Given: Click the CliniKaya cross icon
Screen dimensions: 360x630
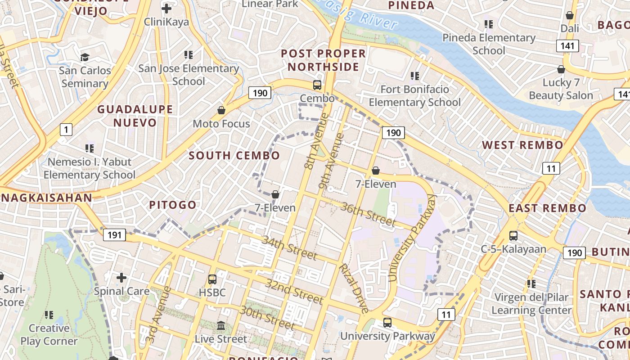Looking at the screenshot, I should coord(166,9).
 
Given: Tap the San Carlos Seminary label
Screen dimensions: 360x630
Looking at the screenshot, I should coord(85,77).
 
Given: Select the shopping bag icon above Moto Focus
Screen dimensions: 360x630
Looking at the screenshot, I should coord(221,110).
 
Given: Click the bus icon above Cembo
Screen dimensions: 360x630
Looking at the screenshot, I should coord(317,85).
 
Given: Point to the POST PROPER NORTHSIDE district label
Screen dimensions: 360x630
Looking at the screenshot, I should coord(323,60).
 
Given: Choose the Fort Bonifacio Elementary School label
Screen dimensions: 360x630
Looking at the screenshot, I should coord(414,96).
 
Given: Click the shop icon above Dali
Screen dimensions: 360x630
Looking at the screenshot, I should coord(570,15).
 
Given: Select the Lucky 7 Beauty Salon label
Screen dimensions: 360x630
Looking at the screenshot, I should coord(561,89).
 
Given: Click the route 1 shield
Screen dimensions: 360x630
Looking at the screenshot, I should coord(66,130).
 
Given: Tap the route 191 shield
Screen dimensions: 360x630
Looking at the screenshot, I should coord(114,234).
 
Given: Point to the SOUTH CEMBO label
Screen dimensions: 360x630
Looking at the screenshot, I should coord(234,156).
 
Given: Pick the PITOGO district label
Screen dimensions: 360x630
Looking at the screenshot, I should coord(173,205).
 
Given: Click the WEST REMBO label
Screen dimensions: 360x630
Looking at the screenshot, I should coord(522,145).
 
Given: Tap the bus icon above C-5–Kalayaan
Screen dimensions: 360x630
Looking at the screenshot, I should coord(513,235).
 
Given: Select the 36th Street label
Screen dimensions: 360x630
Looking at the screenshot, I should coord(368,214).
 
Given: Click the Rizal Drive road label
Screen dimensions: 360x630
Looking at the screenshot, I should coord(354,288).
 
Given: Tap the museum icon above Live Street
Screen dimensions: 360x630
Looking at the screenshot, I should coord(221,325).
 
